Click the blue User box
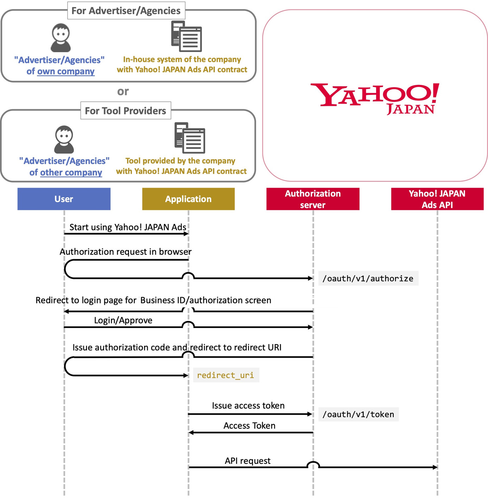[64, 199]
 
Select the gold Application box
[189, 199]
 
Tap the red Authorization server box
[313, 199]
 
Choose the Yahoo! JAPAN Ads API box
[437, 199]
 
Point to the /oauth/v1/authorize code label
[368, 278]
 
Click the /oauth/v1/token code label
[358, 414]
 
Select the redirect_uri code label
[226, 375]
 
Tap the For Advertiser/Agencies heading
[126, 11]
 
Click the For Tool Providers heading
[126, 111]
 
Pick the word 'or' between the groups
[123, 92]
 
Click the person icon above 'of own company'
[61, 38]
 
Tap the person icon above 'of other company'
[64, 140]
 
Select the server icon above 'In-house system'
[186, 37]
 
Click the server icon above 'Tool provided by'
[190, 138]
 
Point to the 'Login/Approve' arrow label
[123, 320]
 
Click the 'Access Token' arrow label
[249, 425]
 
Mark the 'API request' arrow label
[248, 461]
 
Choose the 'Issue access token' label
[248, 405]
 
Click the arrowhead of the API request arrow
[435, 467]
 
